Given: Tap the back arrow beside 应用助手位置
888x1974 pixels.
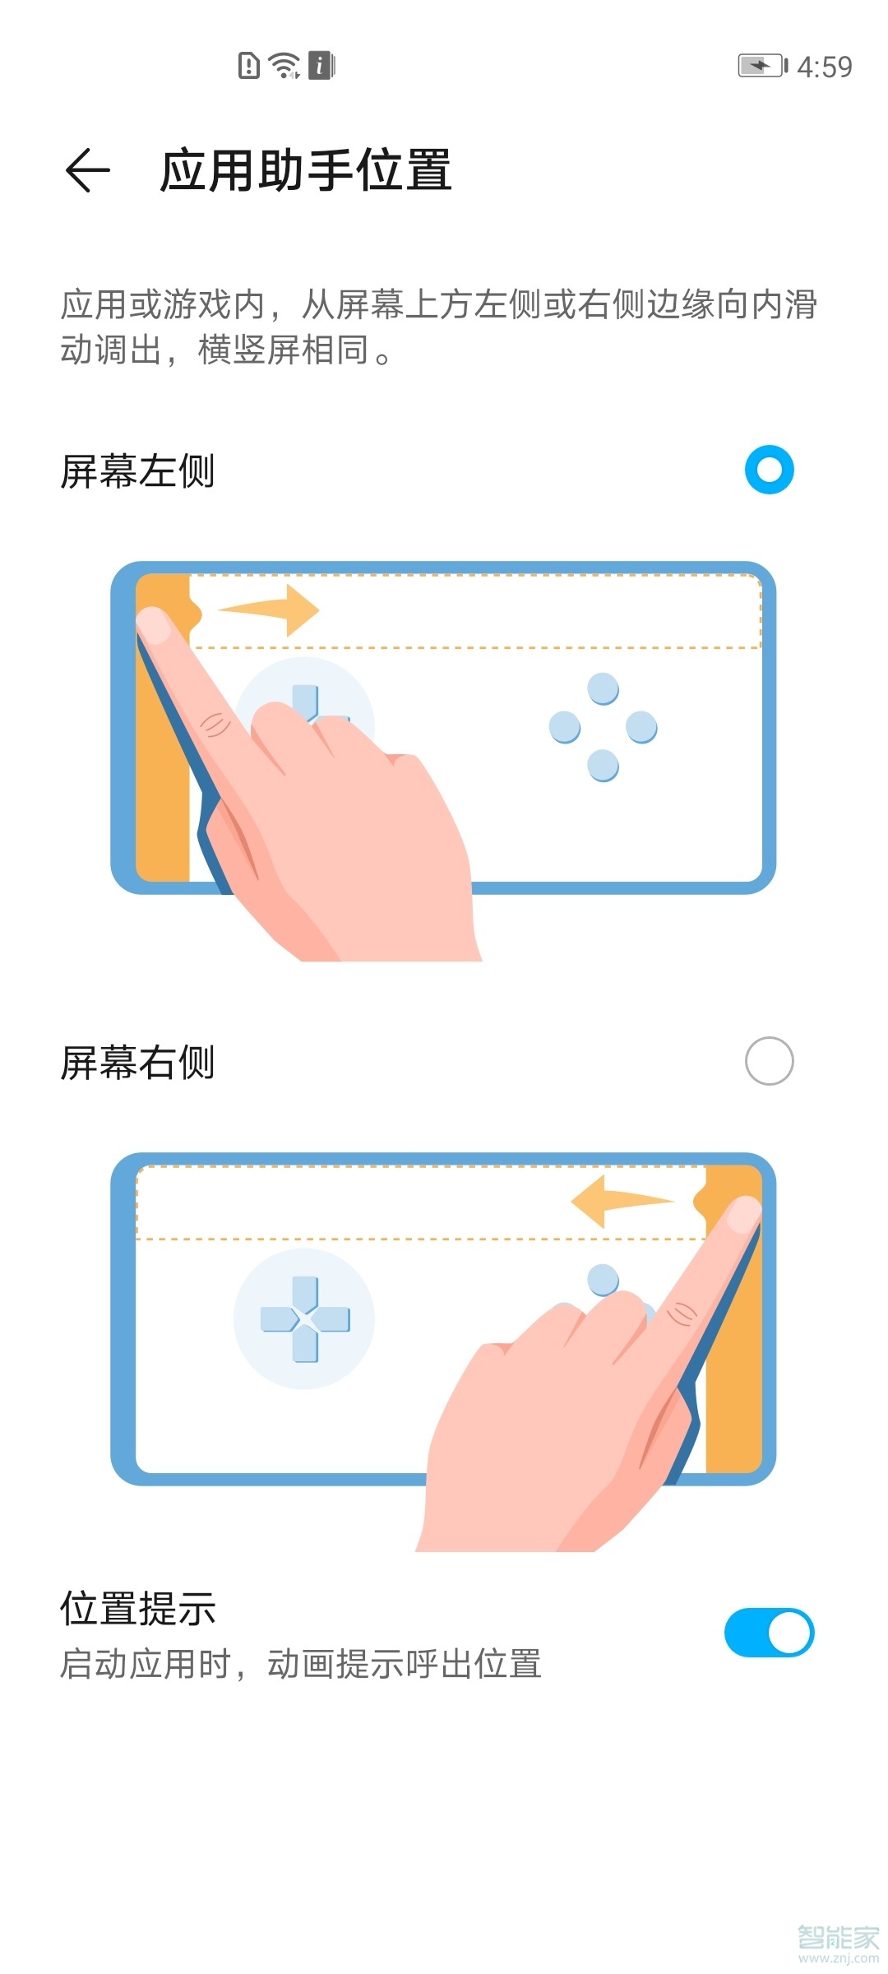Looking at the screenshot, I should (x=87, y=170).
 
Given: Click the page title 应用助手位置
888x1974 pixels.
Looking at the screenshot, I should (x=305, y=170).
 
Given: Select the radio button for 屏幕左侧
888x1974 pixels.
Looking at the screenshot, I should (x=769, y=470).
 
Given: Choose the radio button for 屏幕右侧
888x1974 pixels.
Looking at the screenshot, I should (x=769, y=1061).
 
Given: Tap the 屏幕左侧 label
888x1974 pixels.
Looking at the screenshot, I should (x=137, y=472).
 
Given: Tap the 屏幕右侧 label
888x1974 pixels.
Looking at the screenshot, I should (x=137, y=1063).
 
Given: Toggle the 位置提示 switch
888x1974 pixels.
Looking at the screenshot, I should (x=769, y=1633).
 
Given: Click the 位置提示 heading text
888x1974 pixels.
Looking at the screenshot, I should (x=137, y=1609).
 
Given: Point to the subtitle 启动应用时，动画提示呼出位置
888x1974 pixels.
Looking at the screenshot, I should (x=300, y=1664).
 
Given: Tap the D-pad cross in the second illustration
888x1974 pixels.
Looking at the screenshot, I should (x=304, y=1318).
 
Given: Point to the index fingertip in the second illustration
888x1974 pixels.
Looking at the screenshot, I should (x=743, y=1214).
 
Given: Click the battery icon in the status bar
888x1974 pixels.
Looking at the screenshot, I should (x=761, y=66).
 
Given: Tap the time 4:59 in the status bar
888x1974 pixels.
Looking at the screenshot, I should (x=825, y=67).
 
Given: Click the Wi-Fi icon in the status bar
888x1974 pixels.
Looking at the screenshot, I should (x=284, y=65).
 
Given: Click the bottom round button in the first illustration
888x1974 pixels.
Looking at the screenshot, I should (x=603, y=765).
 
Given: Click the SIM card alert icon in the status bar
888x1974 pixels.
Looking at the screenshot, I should (x=248, y=65).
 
